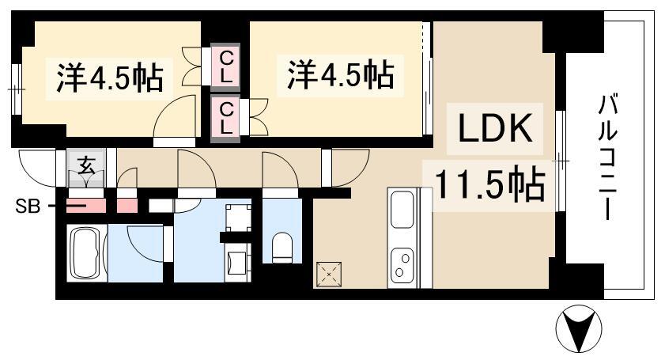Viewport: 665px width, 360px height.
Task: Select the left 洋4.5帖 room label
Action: point(110,77)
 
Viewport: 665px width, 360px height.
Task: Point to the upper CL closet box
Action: point(227,66)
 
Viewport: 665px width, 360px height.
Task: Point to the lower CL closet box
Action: point(227,117)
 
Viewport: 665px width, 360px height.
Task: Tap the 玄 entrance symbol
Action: point(85,166)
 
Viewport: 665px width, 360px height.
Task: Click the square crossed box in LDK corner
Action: point(327,274)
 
